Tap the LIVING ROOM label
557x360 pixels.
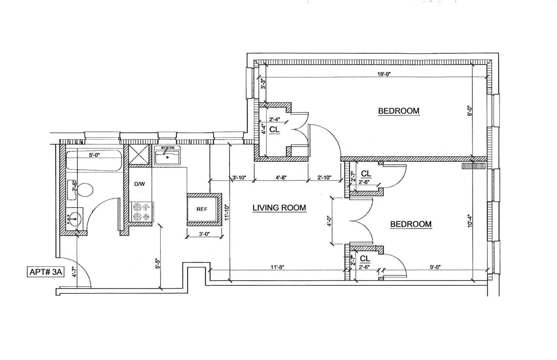279,208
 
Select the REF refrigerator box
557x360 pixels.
202,209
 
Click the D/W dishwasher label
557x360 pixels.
140,184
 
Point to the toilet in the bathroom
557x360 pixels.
84,189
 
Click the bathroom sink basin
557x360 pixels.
75,217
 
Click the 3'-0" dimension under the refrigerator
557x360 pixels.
202,234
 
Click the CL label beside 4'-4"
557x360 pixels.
274,130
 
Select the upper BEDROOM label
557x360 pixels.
399,111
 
